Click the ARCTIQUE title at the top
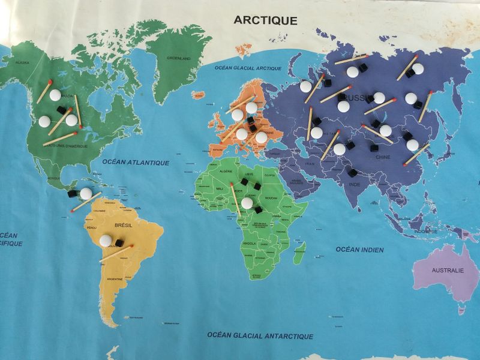click(x=265, y=20)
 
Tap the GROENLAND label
click(x=179, y=58)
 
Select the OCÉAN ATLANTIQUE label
click(x=136, y=162)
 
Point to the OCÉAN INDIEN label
click(x=360, y=249)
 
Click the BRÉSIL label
click(x=122, y=226)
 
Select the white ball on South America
click(x=106, y=241)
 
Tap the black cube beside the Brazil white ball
click(x=119, y=243)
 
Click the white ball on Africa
click(x=247, y=203)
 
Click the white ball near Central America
click(x=86, y=194)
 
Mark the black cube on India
click(x=353, y=173)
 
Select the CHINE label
click(x=383, y=157)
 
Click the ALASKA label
click(x=22, y=62)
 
